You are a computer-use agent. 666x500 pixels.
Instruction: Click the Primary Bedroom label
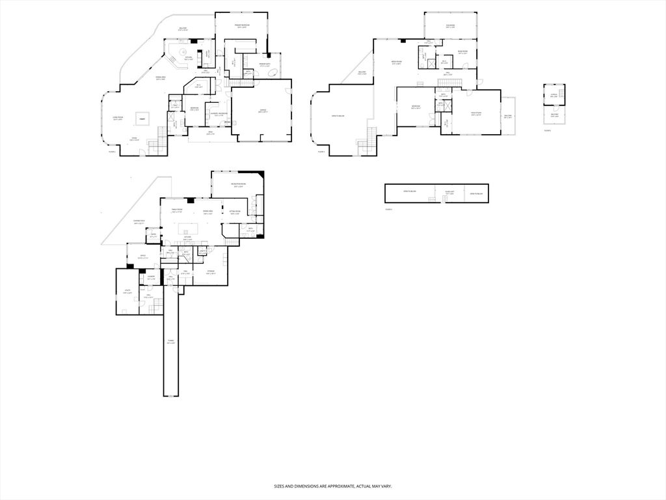click(241, 27)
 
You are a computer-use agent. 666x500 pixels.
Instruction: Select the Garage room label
click(261, 111)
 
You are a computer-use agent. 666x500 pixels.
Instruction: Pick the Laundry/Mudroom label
click(219, 114)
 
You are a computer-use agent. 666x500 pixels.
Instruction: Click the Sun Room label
click(450, 26)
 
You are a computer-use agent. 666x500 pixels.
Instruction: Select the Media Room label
click(395, 63)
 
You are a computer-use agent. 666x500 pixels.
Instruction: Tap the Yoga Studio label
click(477, 113)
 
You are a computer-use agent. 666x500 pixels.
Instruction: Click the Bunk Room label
click(463, 52)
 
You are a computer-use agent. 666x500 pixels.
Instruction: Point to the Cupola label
click(554, 94)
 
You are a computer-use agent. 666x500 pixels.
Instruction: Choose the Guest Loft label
click(449, 193)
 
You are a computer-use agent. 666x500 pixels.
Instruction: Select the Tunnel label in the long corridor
click(170, 342)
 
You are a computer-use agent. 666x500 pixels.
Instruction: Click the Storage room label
click(211, 271)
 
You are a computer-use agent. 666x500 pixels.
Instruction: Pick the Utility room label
click(127, 292)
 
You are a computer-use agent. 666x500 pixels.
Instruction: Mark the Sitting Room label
click(235, 212)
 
